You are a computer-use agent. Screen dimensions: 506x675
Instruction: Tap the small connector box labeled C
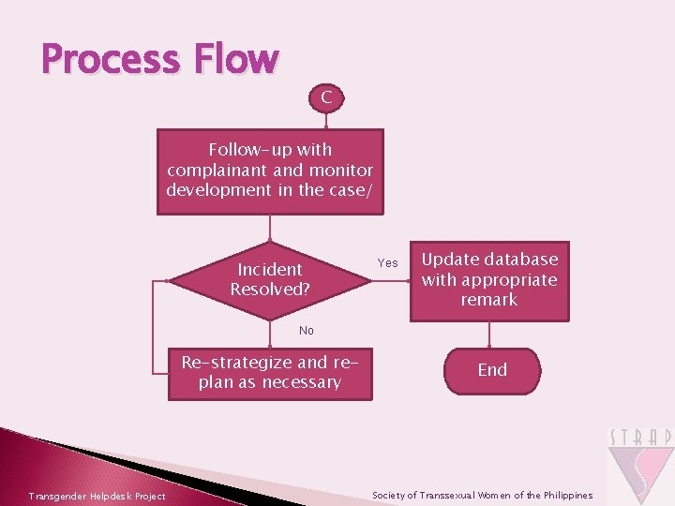tap(325, 96)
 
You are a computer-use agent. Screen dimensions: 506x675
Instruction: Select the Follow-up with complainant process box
tap(270, 171)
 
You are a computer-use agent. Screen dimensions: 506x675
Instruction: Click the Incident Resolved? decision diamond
tap(270, 279)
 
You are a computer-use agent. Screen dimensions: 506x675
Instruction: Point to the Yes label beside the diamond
tap(387, 263)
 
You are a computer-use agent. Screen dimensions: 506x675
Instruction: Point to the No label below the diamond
tap(307, 331)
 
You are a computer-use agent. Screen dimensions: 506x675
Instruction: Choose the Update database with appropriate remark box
tap(489, 279)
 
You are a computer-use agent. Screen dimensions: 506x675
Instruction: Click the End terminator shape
tap(492, 370)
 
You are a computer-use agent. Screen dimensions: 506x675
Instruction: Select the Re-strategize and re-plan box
tap(270, 373)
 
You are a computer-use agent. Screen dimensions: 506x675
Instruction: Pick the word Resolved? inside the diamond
tap(270, 290)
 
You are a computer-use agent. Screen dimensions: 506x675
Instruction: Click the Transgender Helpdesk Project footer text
tap(97, 496)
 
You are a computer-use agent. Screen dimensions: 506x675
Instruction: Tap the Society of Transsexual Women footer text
tap(483, 495)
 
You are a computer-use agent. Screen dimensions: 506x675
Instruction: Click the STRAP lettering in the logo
tap(640, 438)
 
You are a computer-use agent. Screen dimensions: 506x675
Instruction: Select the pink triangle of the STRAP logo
tap(640, 473)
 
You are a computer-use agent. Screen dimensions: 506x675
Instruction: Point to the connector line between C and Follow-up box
tap(325, 118)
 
